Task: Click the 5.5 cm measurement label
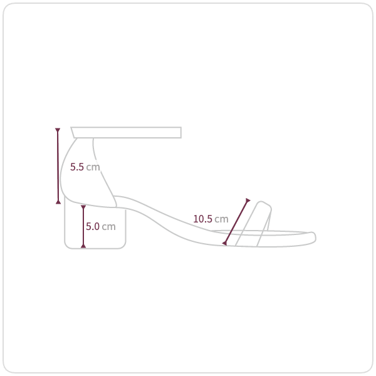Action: click(x=85, y=167)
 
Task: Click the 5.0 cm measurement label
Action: click(x=101, y=226)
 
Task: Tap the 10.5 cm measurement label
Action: click(x=211, y=219)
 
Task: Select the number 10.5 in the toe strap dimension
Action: click(x=203, y=219)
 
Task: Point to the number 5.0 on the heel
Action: click(x=93, y=226)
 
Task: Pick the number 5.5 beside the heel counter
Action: click(x=76, y=167)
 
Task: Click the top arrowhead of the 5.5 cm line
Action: click(x=58, y=130)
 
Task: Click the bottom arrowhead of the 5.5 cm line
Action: click(x=58, y=202)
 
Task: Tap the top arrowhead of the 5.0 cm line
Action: click(x=83, y=207)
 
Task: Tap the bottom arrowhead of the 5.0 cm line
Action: click(x=83, y=246)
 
